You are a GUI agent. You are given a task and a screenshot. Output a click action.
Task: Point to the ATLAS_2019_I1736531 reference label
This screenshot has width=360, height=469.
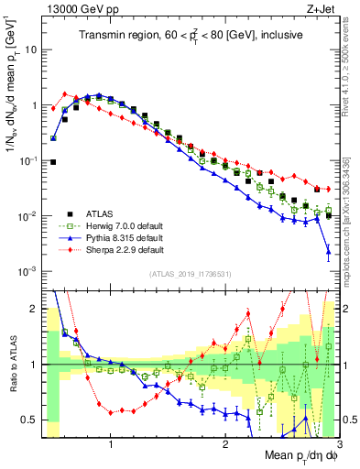point(187,274)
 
